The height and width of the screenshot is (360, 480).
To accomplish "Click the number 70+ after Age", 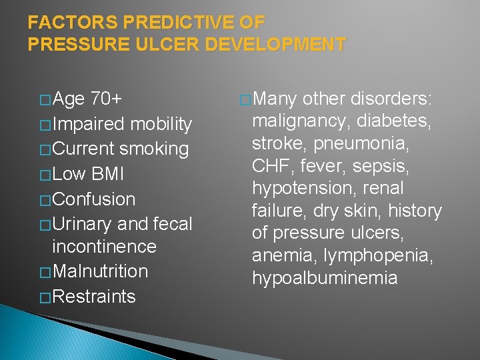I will [x=106, y=99].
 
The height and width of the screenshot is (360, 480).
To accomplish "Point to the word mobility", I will [x=161, y=124].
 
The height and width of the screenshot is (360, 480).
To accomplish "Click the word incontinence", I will [x=104, y=247].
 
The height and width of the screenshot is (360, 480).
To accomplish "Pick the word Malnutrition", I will [x=100, y=271].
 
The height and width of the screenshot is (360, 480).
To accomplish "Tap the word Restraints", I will [x=93, y=296].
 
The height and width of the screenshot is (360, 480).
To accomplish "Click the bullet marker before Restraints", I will [x=45, y=297].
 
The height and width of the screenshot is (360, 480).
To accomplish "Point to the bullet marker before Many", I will [x=245, y=99].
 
